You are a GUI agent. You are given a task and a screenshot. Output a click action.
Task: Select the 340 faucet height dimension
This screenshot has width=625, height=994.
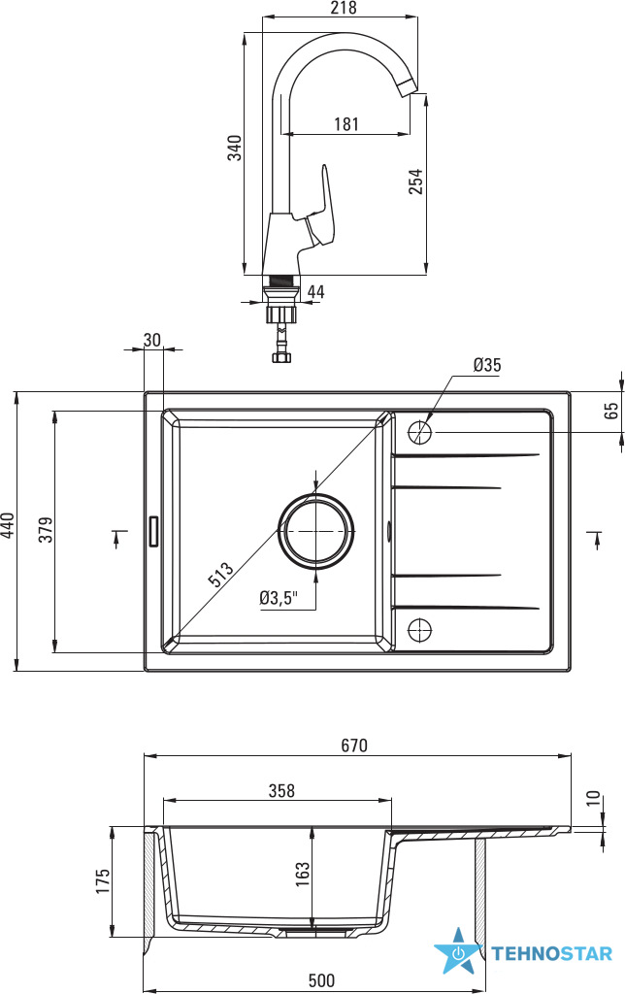[234, 149]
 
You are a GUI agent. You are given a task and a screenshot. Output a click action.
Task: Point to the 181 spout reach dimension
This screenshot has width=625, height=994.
[346, 124]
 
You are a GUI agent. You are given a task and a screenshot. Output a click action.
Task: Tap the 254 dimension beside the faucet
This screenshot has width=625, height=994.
[415, 182]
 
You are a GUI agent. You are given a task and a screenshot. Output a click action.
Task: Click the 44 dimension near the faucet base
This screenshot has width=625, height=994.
[316, 291]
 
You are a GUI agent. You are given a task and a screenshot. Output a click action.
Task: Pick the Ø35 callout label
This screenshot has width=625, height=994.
[487, 365]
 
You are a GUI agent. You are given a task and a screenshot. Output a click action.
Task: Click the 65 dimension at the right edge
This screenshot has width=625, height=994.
[610, 409]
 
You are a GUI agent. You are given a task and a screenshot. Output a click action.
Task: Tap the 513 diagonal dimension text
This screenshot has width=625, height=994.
[220, 576]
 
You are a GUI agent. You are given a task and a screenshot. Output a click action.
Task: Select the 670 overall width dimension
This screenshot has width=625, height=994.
[355, 745]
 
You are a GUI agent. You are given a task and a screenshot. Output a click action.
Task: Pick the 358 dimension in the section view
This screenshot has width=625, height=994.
[281, 791]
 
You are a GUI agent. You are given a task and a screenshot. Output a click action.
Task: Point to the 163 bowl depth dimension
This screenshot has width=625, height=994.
[303, 875]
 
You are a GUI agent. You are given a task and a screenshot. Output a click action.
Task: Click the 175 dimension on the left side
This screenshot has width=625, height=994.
[104, 880]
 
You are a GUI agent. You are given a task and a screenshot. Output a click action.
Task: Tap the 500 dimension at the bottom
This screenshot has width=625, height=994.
[321, 981]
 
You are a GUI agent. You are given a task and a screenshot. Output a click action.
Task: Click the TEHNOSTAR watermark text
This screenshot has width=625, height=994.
[551, 954]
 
